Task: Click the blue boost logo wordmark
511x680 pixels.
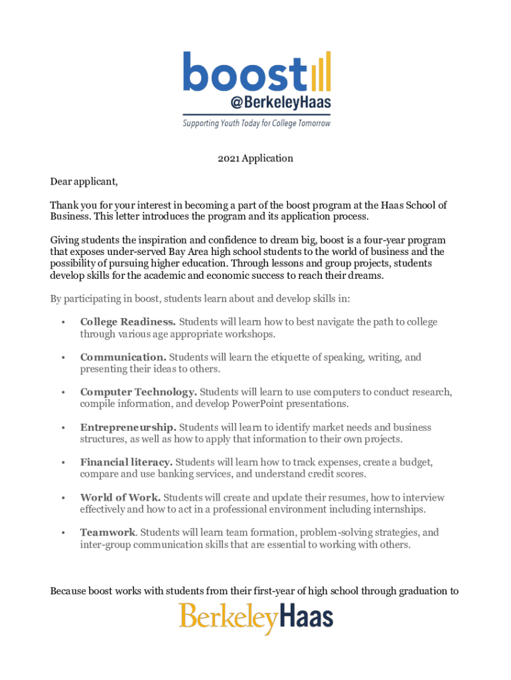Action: pyautogui.click(x=244, y=72)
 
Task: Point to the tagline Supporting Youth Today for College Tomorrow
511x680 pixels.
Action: pyautogui.click(x=256, y=124)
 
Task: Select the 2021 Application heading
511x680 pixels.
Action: pyautogui.click(x=256, y=158)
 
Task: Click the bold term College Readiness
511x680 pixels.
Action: pyautogui.click(x=128, y=322)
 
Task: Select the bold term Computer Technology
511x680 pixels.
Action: pyautogui.click(x=138, y=392)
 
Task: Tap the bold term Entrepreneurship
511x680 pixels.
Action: pyautogui.click(x=128, y=428)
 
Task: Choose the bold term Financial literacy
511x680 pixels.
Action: pyautogui.click(x=126, y=462)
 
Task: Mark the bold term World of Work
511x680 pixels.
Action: pyautogui.click(x=119, y=497)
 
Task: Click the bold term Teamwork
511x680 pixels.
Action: pyautogui.click(x=108, y=533)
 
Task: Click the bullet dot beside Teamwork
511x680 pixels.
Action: pyautogui.click(x=62, y=533)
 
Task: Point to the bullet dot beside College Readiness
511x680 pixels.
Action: pyautogui.click(x=62, y=323)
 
